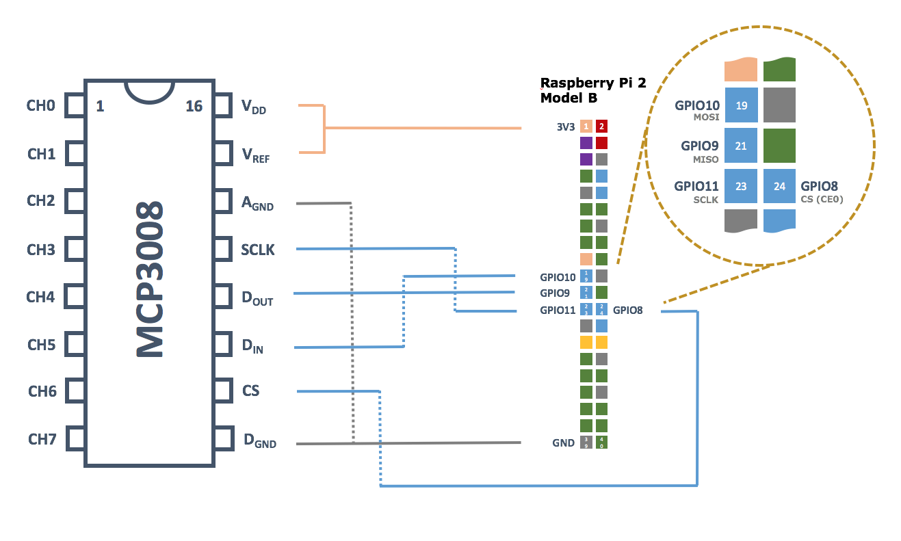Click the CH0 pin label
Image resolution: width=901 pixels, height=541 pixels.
coord(40,106)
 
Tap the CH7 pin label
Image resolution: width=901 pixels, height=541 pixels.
coord(42,439)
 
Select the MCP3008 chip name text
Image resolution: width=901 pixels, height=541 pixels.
coord(150,279)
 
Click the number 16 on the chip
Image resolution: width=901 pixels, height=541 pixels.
coord(194,106)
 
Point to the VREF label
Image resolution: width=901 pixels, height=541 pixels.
coord(255,155)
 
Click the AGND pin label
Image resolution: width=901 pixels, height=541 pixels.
coord(257,203)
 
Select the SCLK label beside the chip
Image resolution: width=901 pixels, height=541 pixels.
coord(258,250)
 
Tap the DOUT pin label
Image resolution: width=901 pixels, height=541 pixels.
coord(257,298)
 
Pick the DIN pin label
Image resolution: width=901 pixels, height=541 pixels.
coord(252,347)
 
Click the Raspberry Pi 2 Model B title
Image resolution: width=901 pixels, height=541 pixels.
coord(592,90)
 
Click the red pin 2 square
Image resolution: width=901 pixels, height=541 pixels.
coord(601,127)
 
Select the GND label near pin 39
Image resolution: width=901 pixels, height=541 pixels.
coord(563,443)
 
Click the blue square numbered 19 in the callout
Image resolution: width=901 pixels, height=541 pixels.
coord(741,105)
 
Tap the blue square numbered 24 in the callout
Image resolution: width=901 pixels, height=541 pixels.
coord(779,186)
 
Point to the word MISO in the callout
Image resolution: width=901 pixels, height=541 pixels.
coord(706,159)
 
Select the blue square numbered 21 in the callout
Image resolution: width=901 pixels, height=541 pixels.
coord(741,146)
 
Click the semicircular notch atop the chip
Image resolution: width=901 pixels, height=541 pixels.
coord(148,91)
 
